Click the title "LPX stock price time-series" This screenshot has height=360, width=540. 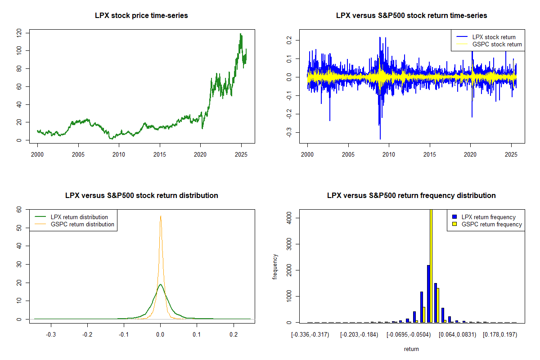click(x=141, y=16)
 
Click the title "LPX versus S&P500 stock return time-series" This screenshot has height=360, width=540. click(x=411, y=16)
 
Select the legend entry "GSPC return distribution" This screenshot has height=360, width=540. click(x=82, y=224)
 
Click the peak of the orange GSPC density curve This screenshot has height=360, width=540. click(x=160, y=216)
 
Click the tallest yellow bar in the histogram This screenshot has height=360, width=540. click(x=431, y=265)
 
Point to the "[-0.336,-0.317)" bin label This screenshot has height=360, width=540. click(x=310, y=335)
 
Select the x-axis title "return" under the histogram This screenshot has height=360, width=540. click(x=411, y=349)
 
